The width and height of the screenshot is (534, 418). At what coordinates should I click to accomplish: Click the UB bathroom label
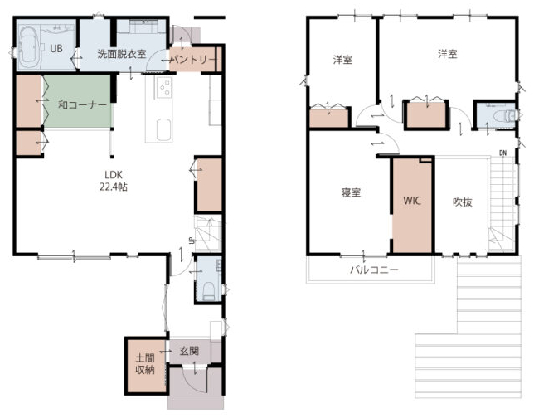56,48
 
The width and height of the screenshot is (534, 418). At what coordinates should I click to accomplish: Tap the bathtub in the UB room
29,47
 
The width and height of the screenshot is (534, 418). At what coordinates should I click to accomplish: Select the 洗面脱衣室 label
122,54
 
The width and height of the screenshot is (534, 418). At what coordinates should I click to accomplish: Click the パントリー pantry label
192,60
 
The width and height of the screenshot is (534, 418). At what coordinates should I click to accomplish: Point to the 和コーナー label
83,105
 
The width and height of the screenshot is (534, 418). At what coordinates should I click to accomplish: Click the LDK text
114,175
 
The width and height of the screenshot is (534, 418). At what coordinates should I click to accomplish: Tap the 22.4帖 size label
114,187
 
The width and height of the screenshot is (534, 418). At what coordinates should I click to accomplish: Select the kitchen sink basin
164,129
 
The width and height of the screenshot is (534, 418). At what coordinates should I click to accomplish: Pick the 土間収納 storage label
145,364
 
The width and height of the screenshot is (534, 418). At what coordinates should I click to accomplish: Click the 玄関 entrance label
189,351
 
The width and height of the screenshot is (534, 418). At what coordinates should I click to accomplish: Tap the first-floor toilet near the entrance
208,292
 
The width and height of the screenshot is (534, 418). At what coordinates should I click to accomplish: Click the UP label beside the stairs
192,241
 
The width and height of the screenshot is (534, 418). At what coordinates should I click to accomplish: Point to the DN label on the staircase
503,153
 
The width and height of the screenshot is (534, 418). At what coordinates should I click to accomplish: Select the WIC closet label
412,201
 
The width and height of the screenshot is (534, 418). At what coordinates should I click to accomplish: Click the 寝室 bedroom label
351,192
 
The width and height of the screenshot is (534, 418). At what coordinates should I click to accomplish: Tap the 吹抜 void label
463,202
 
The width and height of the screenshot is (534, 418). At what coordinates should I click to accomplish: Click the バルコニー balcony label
374,270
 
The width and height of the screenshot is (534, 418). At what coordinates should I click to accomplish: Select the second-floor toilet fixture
505,116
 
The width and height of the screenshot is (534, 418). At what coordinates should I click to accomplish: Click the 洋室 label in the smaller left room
342,60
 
